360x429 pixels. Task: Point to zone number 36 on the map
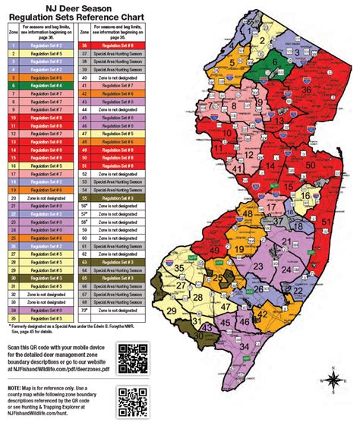pos(306,90)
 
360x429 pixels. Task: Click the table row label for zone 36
pos(85,46)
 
